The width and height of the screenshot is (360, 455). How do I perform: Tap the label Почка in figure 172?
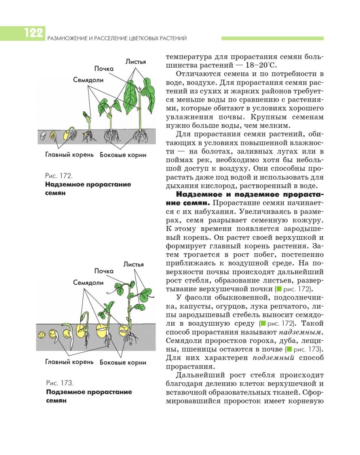(104, 69)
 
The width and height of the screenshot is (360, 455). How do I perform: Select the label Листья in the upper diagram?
(135, 61)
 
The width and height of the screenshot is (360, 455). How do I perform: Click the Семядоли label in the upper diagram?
(88, 80)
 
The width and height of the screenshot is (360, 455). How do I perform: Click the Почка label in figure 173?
(104, 271)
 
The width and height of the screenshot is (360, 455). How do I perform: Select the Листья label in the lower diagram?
(133, 264)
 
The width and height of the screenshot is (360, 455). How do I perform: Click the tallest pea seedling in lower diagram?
(132, 309)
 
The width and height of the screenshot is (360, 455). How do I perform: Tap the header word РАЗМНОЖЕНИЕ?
(66, 38)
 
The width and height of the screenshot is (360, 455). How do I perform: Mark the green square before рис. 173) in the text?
(289, 349)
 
